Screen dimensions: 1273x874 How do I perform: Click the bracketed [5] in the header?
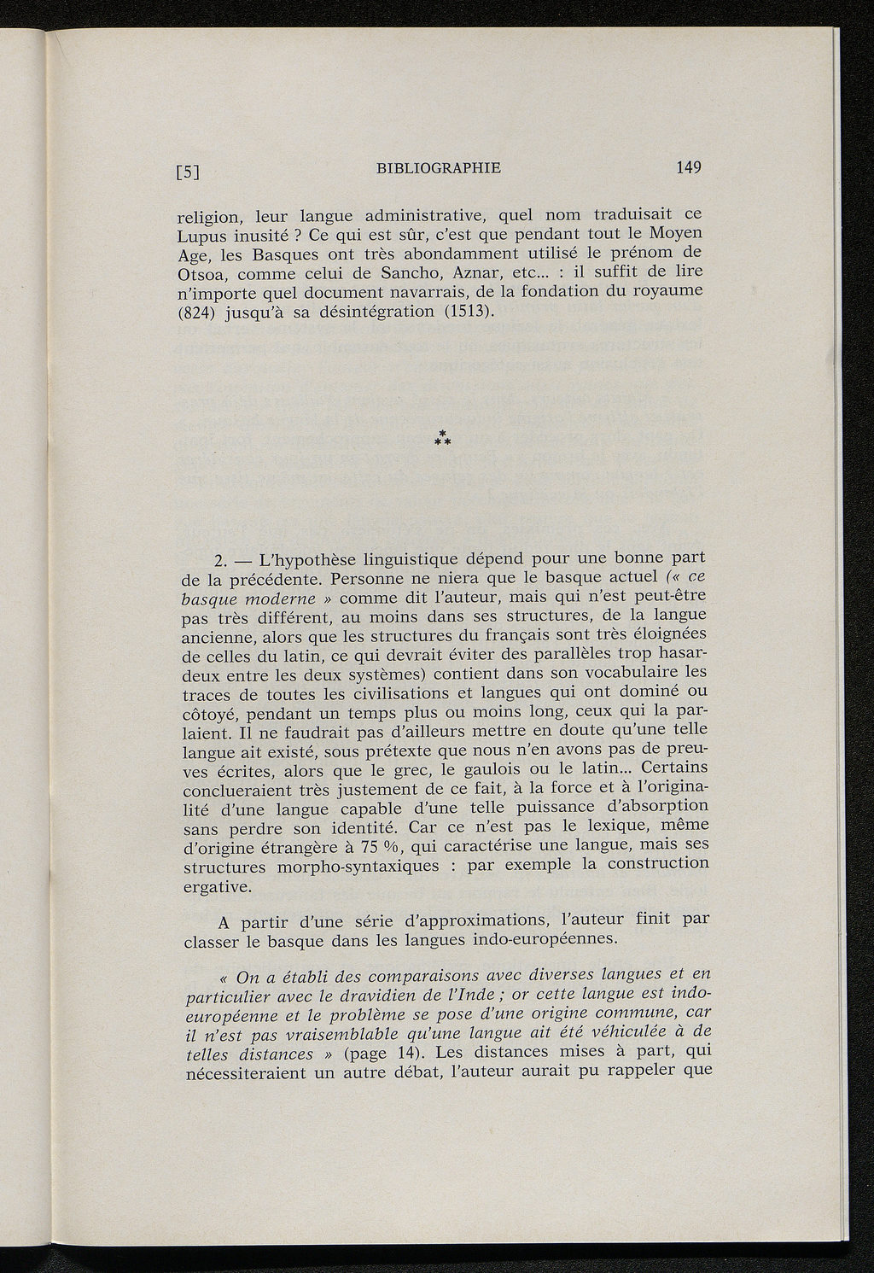click(x=188, y=172)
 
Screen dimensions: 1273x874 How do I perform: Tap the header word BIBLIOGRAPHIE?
click(x=438, y=168)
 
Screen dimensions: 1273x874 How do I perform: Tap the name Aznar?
click(x=480, y=274)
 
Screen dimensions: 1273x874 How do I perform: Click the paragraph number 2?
click(x=219, y=561)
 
